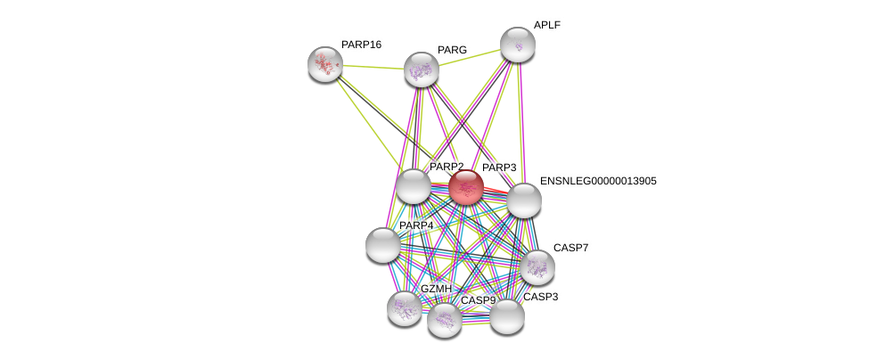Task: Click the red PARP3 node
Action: click(x=465, y=187)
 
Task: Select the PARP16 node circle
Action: click(x=325, y=63)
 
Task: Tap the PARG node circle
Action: click(x=421, y=70)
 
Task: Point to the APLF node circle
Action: click(x=517, y=45)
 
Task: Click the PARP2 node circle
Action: click(x=413, y=186)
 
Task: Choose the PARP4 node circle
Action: click(x=383, y=245)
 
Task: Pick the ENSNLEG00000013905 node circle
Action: click(x=524, y=200)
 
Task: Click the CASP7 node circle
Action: click(x=537, y=266)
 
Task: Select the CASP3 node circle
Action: click(x=506, y=316)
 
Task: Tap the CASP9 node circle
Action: click(x=444, y=320)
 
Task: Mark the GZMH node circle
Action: click(x=405, y=308)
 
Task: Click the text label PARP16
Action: click(x=361, y=45)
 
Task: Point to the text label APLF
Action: click(x=546, y=25)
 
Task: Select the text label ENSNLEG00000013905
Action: click(x=597, y=181)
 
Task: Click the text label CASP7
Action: click(x=570, y=248)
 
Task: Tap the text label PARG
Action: click(x=452, y=50)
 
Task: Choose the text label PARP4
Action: click(x=416, y=225)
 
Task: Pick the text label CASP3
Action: click(x=540, y=297)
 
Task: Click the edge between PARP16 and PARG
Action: click(x=373, y=67)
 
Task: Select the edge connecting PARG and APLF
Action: click(x=469, y=57)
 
